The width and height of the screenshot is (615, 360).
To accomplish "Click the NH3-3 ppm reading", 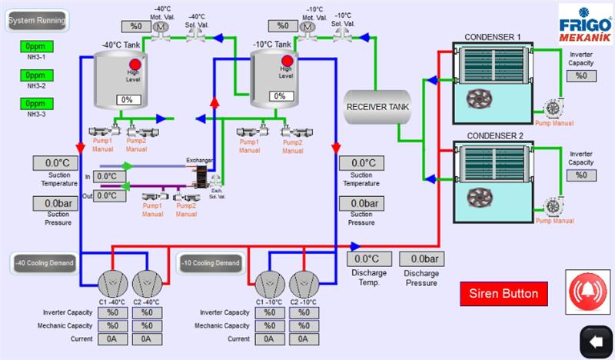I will (36, 103).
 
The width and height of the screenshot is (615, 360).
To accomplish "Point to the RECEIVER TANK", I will (377, 106).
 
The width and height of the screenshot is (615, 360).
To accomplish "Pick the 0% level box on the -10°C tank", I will (281, 97).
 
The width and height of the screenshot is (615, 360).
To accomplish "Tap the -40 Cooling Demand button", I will (43, 263).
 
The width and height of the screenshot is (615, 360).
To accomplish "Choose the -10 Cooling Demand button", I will (210, 263).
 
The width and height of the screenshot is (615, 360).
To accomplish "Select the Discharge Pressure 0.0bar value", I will (424, 259).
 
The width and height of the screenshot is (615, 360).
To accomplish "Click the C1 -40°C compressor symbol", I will (111, 284).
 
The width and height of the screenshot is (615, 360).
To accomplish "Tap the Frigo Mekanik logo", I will (584, 24).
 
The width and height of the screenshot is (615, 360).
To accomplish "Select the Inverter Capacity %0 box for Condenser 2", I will (581, 175).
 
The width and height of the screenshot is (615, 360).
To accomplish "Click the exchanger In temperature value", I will (110, 176).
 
